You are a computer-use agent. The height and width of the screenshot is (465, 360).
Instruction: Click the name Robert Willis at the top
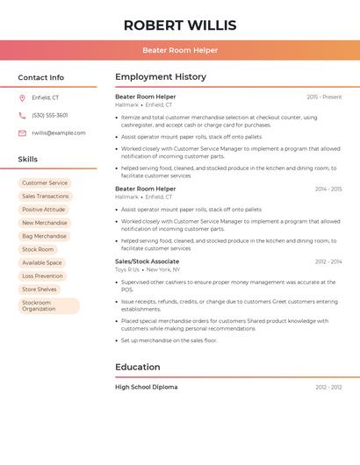click(x=180, y=25)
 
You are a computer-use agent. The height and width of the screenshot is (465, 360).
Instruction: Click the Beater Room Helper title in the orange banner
click(x=180, y=50)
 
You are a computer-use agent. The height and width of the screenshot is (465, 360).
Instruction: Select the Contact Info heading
click(x=40, y=77)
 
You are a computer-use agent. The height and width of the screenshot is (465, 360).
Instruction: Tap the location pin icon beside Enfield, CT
click(x=22, y=97)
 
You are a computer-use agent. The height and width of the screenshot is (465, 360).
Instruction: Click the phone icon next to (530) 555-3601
click(x=22, y=115)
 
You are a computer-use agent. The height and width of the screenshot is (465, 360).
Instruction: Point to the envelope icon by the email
click(x=22, y=132)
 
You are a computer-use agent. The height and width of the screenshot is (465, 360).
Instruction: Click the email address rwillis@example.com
click(x=59, y=132)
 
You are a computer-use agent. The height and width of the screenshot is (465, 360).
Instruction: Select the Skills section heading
click(x=28, y=159)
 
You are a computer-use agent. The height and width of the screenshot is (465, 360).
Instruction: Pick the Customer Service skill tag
click(x=45, y=183)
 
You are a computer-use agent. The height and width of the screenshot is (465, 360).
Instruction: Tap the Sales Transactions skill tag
click(x=46, y=197)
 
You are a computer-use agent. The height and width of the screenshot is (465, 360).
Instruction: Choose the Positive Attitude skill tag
click(x=44, y=210)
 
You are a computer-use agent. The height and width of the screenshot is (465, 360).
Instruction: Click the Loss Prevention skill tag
click(x=42, y=275)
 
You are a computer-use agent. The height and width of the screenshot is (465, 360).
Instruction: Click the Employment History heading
click(x=161, y=77)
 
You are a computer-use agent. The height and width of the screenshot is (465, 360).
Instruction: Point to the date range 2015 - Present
click(x=324, y=97)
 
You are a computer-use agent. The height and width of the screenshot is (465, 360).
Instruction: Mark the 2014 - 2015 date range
click(x=328, y=189)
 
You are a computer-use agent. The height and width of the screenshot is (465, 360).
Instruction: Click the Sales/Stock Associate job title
click(x=147, y=261)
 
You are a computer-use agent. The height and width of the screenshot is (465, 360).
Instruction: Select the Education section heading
click(x=138, y=367)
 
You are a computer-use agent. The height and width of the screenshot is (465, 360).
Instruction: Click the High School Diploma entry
click(x=146, y=387)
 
